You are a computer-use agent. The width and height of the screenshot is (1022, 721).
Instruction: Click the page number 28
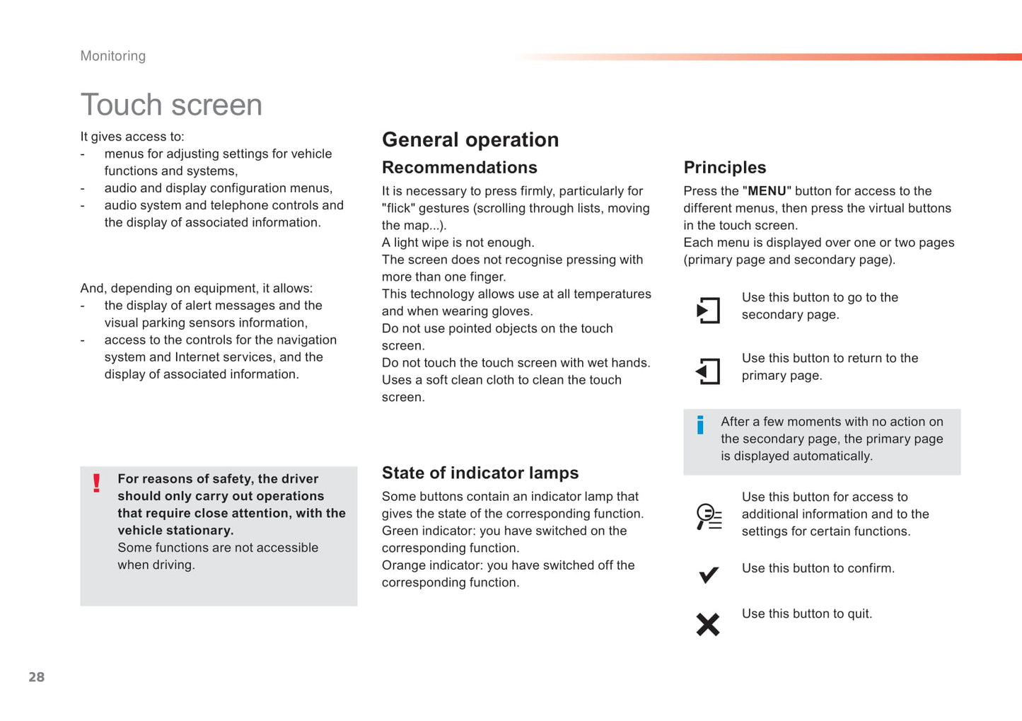(37, 677)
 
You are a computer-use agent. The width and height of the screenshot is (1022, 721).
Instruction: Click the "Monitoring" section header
(113, 56)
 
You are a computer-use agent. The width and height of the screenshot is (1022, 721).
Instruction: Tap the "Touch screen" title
(171, 105)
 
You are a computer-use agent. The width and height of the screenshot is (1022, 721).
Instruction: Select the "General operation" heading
(470, 139)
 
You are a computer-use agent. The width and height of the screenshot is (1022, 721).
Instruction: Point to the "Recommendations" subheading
(460, 168)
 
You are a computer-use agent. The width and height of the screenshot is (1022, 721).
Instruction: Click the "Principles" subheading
(725, 168)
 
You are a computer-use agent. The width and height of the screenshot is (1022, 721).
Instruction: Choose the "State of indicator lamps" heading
(480, 473)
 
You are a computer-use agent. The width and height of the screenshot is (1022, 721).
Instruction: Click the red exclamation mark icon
(97, 483)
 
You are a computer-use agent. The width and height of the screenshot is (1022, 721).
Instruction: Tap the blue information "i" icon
(700, 425)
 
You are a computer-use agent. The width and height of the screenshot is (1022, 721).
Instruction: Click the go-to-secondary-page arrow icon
(708, 311)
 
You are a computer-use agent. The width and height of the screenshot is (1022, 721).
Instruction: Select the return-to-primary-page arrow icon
(708, 371)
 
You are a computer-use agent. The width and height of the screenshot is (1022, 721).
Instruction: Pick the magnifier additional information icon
(708, 517)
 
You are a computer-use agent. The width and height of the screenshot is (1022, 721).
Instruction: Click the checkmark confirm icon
(708, 575)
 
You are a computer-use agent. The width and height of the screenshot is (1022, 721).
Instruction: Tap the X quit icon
(708, 624)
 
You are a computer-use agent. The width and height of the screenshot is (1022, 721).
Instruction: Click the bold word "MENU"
(767, 191)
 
